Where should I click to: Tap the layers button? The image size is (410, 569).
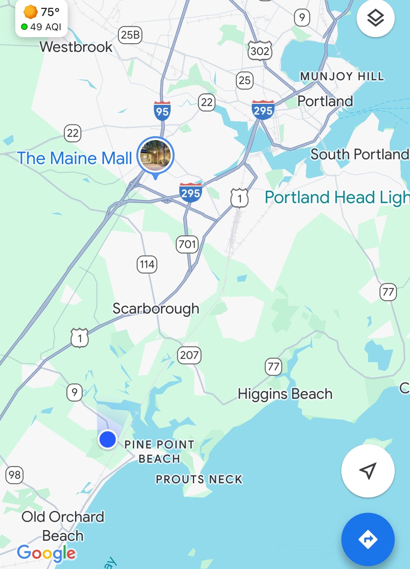pyautogui.click(x=375, y=18)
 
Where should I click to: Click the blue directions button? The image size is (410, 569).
pyautogui.click(x=368, y=539)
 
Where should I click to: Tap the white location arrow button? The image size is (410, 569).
pyautogui.click(x=368, y=471)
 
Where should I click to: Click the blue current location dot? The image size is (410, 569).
pyautogui.click(x=108, y=439)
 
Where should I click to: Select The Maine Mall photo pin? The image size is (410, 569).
pyautogui.click(x=155, y=156)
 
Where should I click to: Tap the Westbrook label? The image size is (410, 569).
pyautogui.click(x=76, y=47)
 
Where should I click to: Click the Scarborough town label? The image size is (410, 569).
pyautogui.click(x=156, y=308)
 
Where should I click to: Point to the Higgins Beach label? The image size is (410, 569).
pyautogui.click(x=285, y=394)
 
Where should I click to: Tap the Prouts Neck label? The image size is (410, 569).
pyautogui.click(x=199, y=479)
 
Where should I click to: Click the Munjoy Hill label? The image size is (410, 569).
pyautogui.click(x=342, y=76)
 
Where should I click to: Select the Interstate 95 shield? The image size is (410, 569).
pyautogui.click(x=162, y=111)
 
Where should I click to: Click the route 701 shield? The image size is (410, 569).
pyautogui.click(x=187, y=244)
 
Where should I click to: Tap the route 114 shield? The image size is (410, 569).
pyautogui.click(x=147, y=264)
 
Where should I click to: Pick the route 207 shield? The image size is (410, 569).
pyautogui.click(x=189, y=355)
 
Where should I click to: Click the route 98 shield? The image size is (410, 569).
pyautogui.click(x=14, y=475)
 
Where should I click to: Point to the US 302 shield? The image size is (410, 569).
pyautogui.click(x=260, y=51)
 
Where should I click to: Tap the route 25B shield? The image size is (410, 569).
pyautogui.click(x=130, y=35)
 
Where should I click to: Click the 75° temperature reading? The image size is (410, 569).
pyautogui.click(x=50, y=12)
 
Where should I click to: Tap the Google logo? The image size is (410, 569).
pyautogui.click(x=47, y=553)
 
